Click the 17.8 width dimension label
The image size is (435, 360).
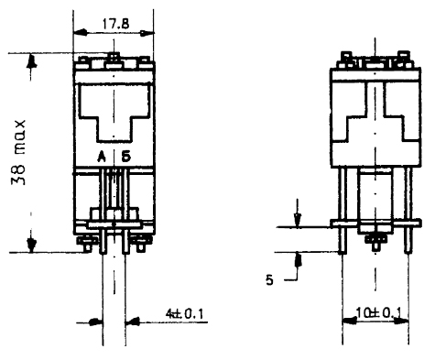tap(115, 24)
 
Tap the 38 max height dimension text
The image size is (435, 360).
tap(18, 153)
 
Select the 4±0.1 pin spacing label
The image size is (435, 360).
tap(184, 314)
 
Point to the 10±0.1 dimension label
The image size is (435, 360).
tap(378, 312)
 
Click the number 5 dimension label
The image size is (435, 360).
tap(269, 280)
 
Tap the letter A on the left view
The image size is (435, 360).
tap(102, 157)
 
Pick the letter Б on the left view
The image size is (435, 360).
tap(125, 157)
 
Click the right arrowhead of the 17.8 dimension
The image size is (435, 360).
tap(147, 33)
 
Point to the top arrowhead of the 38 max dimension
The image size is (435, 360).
tap(31, 60)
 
